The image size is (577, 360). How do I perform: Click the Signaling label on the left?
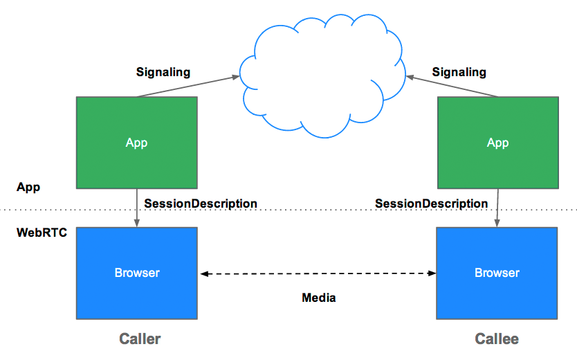coord(163,72)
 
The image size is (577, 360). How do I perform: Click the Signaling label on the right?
coord(459,72)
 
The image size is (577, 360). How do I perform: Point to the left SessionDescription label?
coord(201,204)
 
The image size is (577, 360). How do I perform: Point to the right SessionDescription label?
coord(431,204)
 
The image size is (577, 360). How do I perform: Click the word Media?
coord(319,298)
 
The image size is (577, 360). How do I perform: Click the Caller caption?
coord(140,339)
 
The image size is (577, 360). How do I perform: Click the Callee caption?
coord(496,339)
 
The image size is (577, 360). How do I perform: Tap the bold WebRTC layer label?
coord(42,233)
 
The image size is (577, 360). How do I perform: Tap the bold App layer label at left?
coord(28,187)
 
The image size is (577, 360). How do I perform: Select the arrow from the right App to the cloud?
coord(453,86)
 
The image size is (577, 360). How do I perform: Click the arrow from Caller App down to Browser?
coord(137,208)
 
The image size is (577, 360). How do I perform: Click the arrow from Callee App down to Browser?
coord(497,208)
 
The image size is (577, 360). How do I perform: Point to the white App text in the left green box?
coord(136,143)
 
